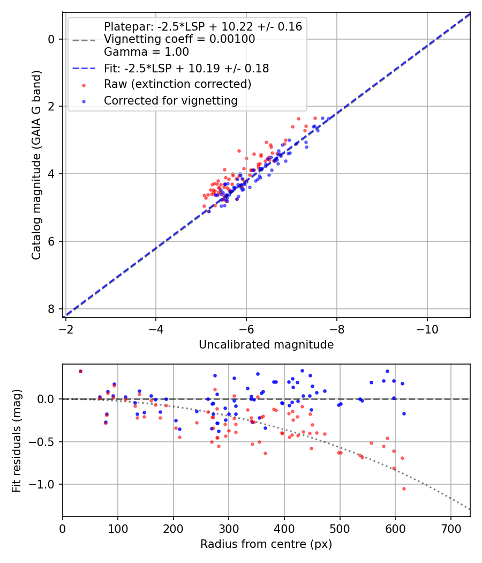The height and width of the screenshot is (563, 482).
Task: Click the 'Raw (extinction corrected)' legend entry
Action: coord(177,84)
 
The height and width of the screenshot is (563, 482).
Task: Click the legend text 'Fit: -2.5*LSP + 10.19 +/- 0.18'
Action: coord(186,69)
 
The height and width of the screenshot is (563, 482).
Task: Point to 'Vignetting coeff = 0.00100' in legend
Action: coord(179,39)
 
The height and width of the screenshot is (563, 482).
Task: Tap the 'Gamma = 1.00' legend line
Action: coord(146,52)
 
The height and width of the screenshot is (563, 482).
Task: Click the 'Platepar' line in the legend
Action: coord(203,26)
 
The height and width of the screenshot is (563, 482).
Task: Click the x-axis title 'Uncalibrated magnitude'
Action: coord(266,345)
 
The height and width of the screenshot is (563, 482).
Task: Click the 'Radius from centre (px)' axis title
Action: coord(266,544)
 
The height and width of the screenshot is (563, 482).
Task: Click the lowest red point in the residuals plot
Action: coord(404,488)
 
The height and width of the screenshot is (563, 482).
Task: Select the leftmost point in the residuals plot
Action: coord(80,371)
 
